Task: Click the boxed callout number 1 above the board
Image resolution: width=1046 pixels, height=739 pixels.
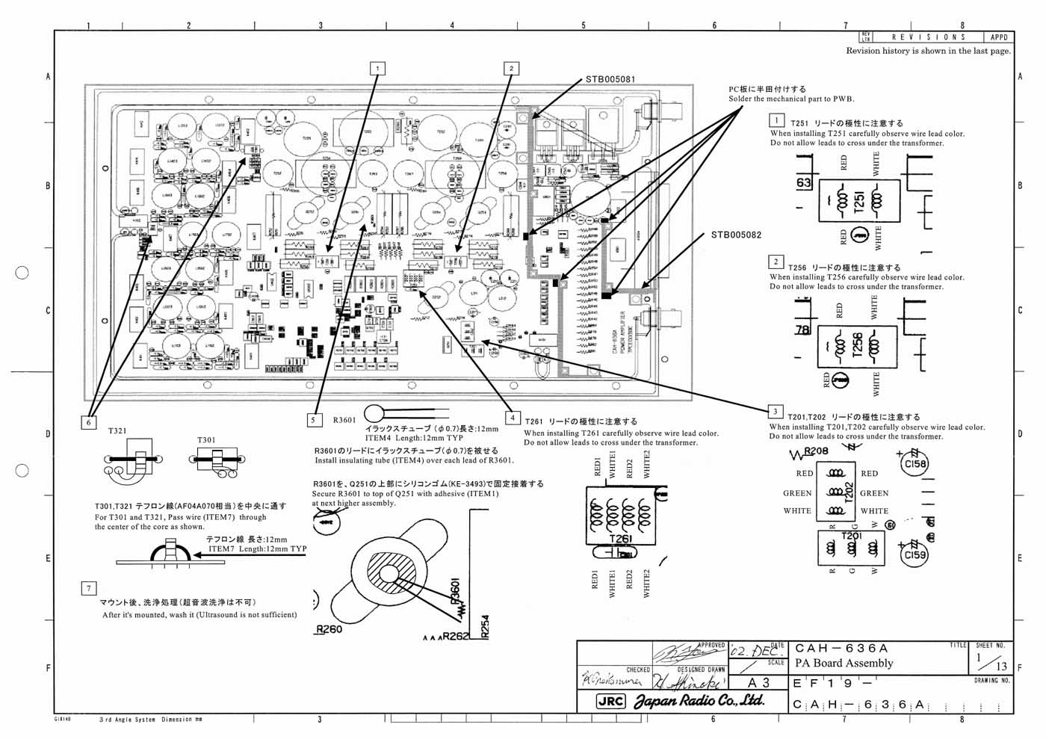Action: pyautogui.click(x=377, y=69)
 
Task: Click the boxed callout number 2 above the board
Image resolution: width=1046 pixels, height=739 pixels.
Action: pyautogui.click(x=511, y=69)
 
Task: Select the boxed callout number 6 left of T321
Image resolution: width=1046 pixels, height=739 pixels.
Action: pyautogui.click(x=89, y=422)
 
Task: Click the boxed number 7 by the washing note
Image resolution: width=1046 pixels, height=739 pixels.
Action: pyautogui.click(x=88, y=588)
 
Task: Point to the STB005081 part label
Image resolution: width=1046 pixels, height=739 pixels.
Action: pyautogui.click(x=610, y=79)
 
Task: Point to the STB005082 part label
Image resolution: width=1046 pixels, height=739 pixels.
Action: pyautogui.click(x=736, y=235)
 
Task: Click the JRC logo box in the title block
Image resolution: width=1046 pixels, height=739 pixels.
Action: pyautogui.click(x=610, y=702)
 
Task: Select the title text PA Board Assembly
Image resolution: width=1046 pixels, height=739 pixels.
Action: pyautogui.click(x=844, y=663)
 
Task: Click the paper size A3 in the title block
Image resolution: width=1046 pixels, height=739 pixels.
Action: pyautogui.click(x=758, y=683)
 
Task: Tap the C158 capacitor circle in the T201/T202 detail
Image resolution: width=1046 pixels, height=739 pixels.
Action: pyautogui.click(x=915, y=464)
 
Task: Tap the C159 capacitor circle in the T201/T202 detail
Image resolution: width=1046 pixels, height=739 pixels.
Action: pyautogui.click(x=915, y=554)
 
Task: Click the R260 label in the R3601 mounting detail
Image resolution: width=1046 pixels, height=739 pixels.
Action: pyautogui.click(x=328, y=629)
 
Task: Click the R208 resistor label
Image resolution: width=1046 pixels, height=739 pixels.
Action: pyautogui.click(x=815, y=451)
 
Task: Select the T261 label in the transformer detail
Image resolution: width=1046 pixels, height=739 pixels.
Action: pyautogui.click(x=620, y=539)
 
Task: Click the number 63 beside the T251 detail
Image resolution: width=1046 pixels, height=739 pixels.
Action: pyautogui.click(x=804, y=183)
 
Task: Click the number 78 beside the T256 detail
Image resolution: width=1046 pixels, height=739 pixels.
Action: pyautogui.click(x=802, y=330)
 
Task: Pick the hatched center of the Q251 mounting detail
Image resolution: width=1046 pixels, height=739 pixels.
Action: pyautogui.click(x=389, y=574)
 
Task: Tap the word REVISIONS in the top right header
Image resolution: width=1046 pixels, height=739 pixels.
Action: pyautogui.click(x=929, y=37)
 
